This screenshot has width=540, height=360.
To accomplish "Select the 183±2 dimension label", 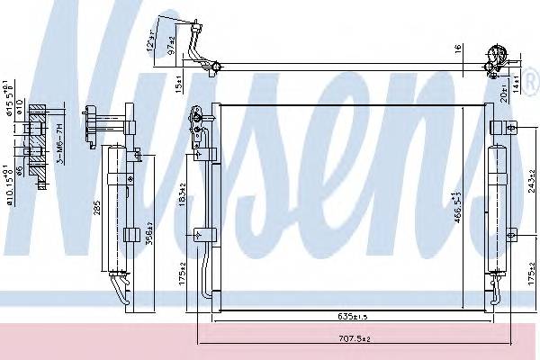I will [x=184, y=193].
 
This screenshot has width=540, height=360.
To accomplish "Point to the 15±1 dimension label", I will [x=179, y=85].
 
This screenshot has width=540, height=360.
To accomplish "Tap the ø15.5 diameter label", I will [x=9, y=103].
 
